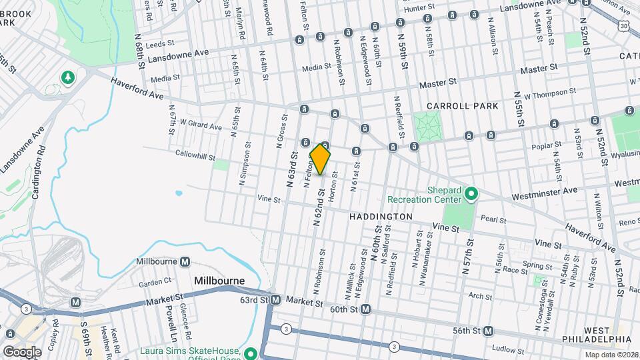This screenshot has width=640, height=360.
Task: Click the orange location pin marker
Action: (320, 159)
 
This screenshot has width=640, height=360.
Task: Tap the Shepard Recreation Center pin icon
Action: (472, 194)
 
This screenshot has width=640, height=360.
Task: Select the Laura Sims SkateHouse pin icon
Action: (251, 353)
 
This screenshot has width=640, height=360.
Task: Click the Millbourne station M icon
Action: (185, 262)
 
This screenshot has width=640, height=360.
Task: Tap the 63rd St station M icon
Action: (275, 301)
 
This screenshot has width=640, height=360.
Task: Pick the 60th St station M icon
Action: (365, 310)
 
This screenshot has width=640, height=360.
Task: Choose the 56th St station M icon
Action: (489, 331)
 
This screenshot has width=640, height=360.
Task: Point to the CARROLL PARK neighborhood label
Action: (458, 106)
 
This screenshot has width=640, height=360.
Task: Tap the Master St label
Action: (538, 69)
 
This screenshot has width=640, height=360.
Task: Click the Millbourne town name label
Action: (219, 281)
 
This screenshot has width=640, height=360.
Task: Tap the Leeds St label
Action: (158, 45)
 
